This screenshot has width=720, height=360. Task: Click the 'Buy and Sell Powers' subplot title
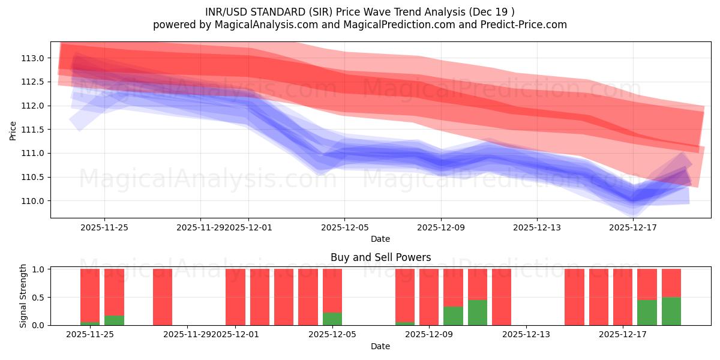pyautogui.click(x=380, y=257)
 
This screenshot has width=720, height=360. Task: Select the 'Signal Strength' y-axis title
pyautogui.click(x=23, y=296)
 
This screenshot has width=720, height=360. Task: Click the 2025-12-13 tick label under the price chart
pyautogui.click(x=536, y=227)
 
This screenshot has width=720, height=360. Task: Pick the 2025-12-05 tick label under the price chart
pyautogui.click(x=344, y=227)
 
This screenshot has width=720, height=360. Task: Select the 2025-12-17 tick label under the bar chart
pyautogui.click(x=622, y=334)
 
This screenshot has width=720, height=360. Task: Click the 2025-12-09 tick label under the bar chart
pyautogui.click(x=429, y=334)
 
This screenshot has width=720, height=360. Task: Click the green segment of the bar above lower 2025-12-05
pyautogui.click(x=332, y=319)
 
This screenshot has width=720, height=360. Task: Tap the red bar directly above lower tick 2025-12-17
pyautogui.click(x=622, y=297)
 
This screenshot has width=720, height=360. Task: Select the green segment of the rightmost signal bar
pyautogui.click(x=671, y=311)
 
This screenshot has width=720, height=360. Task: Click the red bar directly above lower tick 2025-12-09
pyautogui.click(x=429, y=297)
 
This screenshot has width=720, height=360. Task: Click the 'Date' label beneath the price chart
pyautogui.click(x=380, y=239)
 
